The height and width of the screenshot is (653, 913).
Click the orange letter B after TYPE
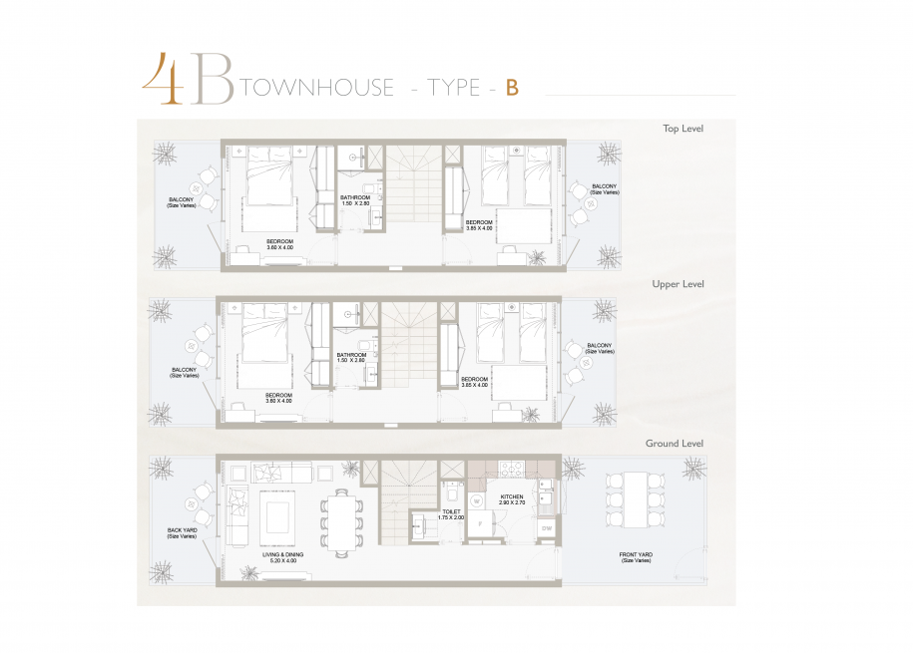513,88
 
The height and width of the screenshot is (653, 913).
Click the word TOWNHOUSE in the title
318,88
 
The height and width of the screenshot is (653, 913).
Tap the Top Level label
683,129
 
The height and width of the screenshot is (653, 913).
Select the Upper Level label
678,284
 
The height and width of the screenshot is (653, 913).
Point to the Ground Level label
675,443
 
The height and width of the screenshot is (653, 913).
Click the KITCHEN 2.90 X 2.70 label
512,499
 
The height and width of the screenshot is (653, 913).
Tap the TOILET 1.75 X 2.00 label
451,514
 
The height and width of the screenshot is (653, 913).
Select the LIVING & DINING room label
282,557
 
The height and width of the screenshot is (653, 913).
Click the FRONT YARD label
636,557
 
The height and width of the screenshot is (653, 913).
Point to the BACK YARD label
182,533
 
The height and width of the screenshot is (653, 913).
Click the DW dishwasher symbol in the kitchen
547,528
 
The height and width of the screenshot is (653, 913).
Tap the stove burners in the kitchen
511,468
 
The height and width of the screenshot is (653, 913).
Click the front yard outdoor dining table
636,500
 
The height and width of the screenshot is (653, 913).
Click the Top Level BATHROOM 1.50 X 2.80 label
355,200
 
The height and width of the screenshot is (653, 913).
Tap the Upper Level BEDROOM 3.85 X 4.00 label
475,382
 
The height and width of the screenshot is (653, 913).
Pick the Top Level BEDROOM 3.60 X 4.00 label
280,244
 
